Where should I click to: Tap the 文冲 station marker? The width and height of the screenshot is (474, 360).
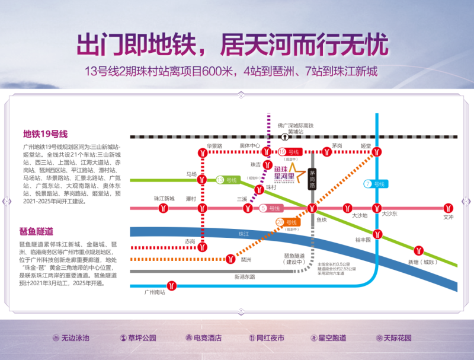(x=449, y=208)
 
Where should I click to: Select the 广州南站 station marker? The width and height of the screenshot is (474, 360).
(x=172, y=285)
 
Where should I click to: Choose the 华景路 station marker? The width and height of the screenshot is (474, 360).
(x=203, y=152)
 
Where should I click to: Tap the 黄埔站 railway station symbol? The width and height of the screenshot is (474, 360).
(x=285, y=136)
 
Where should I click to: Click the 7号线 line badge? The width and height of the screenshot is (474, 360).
(x=376, y=184)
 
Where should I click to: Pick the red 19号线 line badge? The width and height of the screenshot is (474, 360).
(x=294, y=152)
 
